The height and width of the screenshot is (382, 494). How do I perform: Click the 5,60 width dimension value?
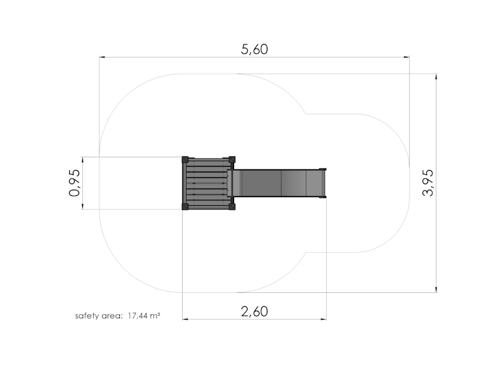[254, 50]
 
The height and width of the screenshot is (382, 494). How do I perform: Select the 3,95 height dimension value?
[428, 183]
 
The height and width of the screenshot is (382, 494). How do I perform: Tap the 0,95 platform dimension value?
[75, 184]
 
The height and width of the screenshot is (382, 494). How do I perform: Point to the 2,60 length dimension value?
[254, 311]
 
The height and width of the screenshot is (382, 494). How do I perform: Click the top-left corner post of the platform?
[185, 159]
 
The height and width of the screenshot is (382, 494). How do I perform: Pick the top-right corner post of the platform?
[232, 159]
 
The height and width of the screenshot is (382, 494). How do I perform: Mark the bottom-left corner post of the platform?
[185, 207]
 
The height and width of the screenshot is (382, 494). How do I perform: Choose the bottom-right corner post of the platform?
[232, 207]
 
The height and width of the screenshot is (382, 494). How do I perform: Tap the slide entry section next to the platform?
[234, 183]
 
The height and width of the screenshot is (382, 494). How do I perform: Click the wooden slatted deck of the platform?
[208, 184]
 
